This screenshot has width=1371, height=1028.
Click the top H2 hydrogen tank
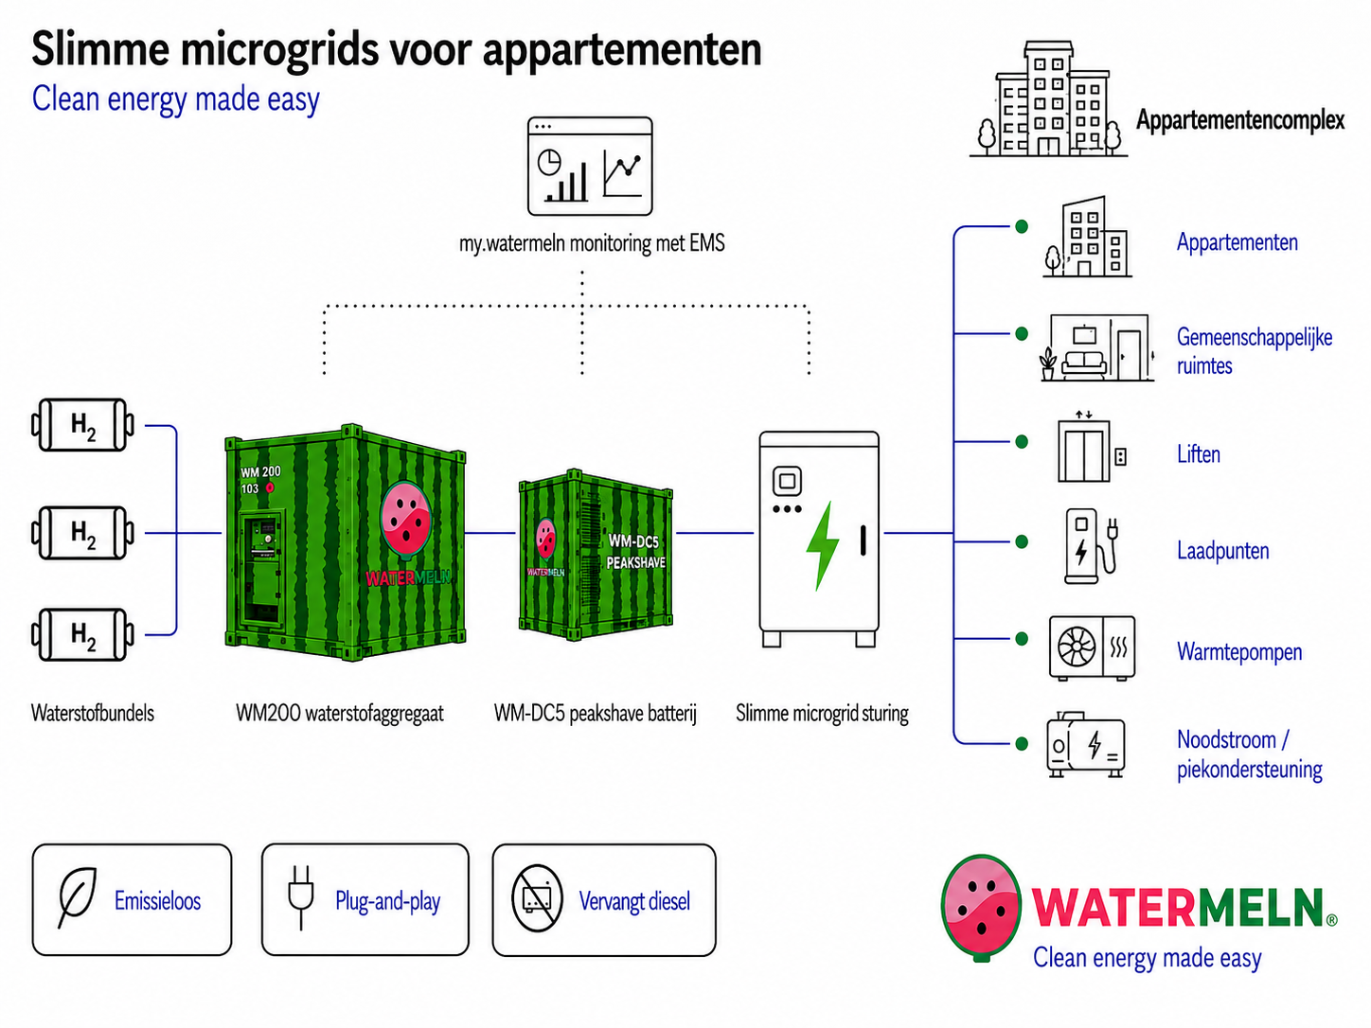[82, 425]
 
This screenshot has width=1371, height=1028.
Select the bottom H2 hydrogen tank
[82, 635]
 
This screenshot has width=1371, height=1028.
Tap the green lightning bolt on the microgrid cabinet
[822, 546]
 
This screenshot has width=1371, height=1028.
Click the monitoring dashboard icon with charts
[590, 167]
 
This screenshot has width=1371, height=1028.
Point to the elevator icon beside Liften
[1091, 447]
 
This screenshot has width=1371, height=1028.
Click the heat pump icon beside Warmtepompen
[1092, 647]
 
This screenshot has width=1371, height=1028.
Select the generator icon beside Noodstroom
[1086, 745]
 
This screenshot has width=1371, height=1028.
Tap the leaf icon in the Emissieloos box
[77, 897]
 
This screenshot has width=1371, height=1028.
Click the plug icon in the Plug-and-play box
[300, 897]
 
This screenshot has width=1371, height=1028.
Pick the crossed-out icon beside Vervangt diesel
[537, 898]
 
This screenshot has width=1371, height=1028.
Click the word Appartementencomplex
[1239, 120]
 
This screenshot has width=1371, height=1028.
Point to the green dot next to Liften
[1022, 442]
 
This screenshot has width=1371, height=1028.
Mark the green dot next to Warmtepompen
[1022, 639]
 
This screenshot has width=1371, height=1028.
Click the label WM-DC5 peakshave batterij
[596, 713]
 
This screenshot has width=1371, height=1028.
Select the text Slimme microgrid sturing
[822, 713]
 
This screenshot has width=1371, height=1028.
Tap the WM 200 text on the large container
[260, 471]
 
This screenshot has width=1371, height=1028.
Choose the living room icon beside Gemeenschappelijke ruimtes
[1097, 347]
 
